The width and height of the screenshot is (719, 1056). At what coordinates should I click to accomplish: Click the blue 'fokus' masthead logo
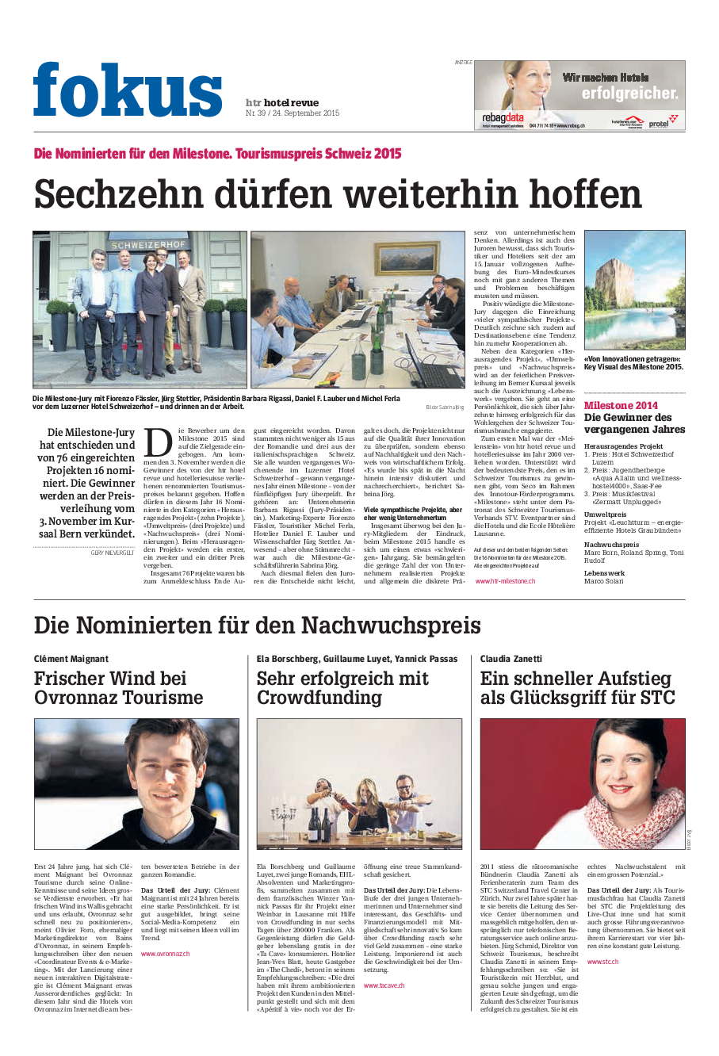(128, 91)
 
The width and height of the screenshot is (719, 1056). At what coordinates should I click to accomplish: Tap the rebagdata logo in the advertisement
(503, 118)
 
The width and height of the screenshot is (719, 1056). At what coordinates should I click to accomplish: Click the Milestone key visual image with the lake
(634, 290)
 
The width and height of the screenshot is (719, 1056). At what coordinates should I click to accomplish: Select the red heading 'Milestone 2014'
(621, 405)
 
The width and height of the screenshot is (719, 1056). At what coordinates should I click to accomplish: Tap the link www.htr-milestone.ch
(504, 580)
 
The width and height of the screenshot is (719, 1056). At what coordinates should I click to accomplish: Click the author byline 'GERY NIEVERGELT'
(113, 552)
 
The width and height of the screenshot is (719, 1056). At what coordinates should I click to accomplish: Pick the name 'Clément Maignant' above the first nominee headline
(71, 659)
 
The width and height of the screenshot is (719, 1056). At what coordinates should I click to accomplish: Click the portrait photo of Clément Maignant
(136, 783)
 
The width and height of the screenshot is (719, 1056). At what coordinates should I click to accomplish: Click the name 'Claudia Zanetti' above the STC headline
(511, 659)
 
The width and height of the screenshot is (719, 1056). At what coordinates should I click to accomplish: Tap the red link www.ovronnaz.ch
(165, 954)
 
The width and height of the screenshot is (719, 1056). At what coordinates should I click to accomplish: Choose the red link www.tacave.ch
(384, 985)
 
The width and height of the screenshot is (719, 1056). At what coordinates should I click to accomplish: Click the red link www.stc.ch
(602, 962)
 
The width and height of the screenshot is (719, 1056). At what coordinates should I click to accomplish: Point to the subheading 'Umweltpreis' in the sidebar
(605, 515)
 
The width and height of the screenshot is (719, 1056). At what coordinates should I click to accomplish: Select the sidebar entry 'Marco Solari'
(604, 581)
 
